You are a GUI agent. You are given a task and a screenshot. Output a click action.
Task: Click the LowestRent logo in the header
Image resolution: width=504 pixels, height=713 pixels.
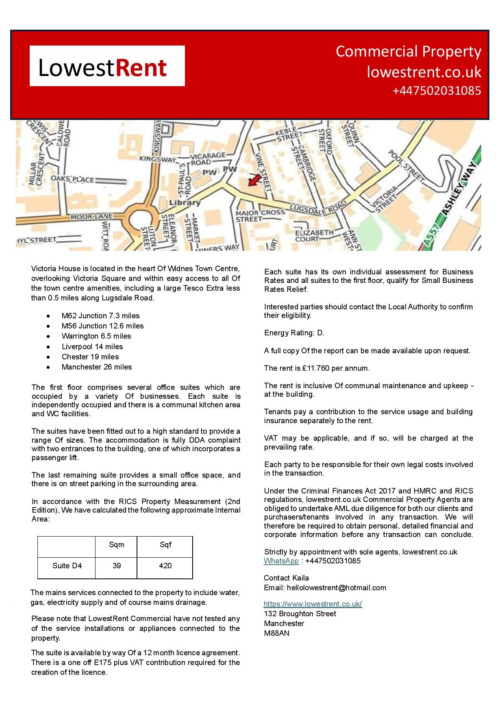pyautogui.click(x=107, y=66)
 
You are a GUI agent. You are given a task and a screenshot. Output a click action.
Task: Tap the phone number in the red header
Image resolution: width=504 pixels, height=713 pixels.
pyautogui.click(x=437, y=90)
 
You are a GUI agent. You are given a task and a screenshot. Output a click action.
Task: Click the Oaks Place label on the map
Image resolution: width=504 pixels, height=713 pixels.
pyautogui.click(x=72, y=179)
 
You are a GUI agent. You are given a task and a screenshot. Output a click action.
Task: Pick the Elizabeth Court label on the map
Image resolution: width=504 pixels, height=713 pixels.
pyautogui.click(x=314, y=236)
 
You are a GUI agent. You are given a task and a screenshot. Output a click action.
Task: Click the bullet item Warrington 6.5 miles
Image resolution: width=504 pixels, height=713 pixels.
pyautogui.click(x=96, y=336)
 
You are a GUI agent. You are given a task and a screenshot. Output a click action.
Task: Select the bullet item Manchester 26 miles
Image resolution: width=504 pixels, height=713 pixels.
pyautogui.click(x=97, y=367)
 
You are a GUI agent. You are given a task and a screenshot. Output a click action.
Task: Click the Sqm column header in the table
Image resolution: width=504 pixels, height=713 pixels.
pyautogui.click(x=116, y=545)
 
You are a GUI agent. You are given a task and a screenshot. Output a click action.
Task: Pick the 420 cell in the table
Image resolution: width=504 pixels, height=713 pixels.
pyautogui.click(x=165, y=565)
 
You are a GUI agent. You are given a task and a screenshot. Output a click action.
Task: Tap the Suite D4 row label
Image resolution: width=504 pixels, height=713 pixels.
pyautogui.click(x=67, y=565)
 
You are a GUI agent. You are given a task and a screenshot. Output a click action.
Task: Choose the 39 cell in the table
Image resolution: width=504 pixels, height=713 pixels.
pyautogui.click(x=116, y=565)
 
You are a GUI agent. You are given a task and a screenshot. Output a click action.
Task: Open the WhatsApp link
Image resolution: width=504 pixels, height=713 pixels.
pyautogui.click(x=281, y=561)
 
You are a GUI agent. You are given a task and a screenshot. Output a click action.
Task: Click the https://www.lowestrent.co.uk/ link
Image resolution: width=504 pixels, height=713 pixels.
pyautogui.click(x=313, y=604)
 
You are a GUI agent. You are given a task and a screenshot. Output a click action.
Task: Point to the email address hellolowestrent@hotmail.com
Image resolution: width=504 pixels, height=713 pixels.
pyautogui.click(x=337, y=587)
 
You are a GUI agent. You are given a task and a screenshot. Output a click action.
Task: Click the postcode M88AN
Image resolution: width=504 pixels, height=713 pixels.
pyautogui.click(x=276, y=633)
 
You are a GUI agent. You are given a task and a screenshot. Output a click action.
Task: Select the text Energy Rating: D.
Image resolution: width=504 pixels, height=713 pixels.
pyautogui.click(x=294, y=333)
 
